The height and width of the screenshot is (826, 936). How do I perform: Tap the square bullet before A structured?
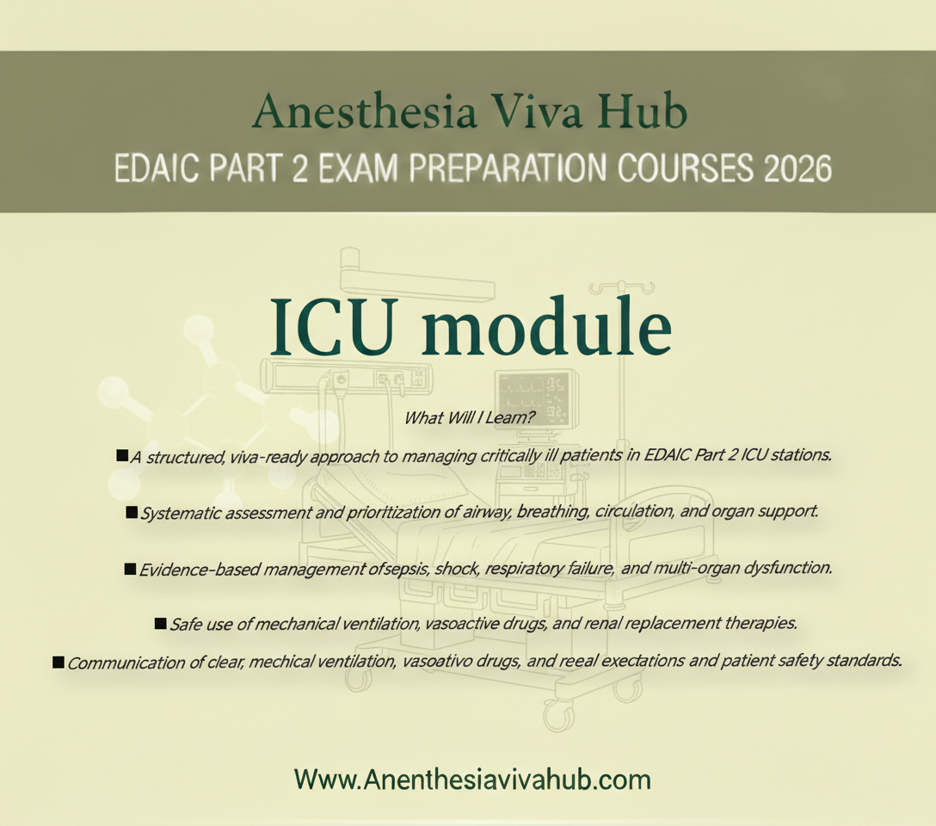tap(122, 455)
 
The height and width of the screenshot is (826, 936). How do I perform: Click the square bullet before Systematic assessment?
tap(132, 513)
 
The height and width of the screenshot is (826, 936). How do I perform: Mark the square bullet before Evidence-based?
tap(131, 569)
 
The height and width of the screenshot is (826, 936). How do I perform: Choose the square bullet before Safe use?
tap(160, 622)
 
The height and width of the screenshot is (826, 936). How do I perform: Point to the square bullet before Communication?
tap(58, 661)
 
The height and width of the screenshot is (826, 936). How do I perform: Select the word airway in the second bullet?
tap(465, 513)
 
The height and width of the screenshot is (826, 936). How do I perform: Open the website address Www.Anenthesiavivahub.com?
tap(471, 780)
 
